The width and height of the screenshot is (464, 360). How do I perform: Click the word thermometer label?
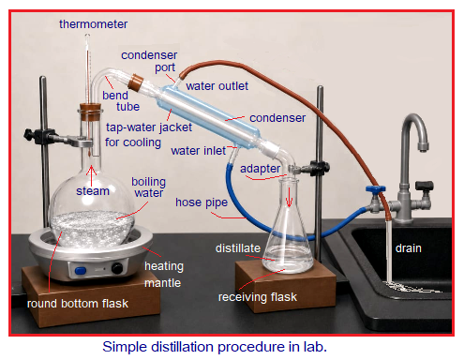point(93,24)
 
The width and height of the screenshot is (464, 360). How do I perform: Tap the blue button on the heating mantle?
point(81,270)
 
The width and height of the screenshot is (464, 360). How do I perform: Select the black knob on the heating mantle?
point(117,268)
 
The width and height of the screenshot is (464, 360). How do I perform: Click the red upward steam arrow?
point(91,175)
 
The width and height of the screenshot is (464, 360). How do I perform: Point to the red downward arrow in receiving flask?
point(289,197)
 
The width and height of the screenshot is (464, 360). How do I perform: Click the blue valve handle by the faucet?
point(375,189)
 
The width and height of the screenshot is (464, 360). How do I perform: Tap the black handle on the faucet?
point(425,186)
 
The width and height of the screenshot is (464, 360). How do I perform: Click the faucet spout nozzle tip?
point(423,147)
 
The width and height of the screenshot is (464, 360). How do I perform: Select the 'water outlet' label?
point(217,86)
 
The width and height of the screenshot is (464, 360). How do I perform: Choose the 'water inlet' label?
point(198,151)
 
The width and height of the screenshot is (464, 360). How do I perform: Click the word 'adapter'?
point(260,169)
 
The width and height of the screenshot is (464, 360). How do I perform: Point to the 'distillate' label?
point(238,248)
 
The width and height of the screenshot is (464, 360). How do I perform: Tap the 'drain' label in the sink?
point(408,248)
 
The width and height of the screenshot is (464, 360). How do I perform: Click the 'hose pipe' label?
point(202,202)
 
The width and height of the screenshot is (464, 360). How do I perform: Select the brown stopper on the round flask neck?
point(90,112)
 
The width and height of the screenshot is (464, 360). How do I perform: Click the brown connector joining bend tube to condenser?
point(136,82)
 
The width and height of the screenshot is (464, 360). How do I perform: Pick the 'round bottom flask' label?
point(78,304)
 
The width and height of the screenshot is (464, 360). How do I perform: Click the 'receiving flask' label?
point(258,297)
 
